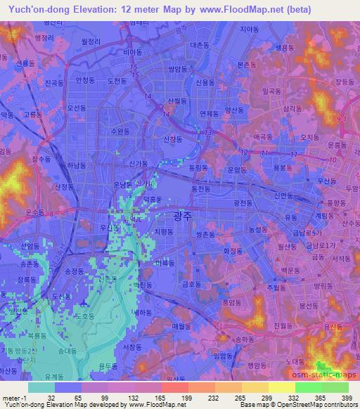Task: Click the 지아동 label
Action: pyautogui.click(x=249, y=30)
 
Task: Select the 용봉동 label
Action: pyautogui.click(x=281, y=167)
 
